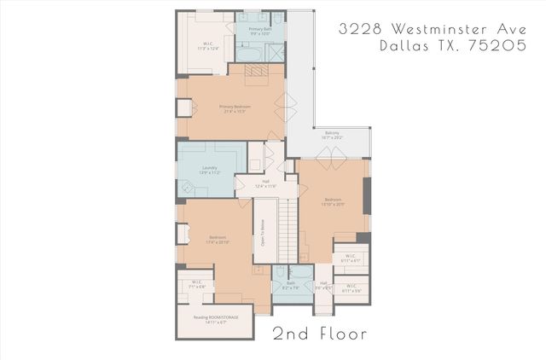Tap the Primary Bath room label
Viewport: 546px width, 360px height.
click(x=259, y=29)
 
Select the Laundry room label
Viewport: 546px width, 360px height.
click(x=209, y=168)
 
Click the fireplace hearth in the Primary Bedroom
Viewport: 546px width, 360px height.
click(x=257, y=77)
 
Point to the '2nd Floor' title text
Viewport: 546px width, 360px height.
click(x=321, y=334)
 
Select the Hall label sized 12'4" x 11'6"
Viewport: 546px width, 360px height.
click(x=265, y=185)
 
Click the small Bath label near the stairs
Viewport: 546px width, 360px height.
click(x=291, y=283)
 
